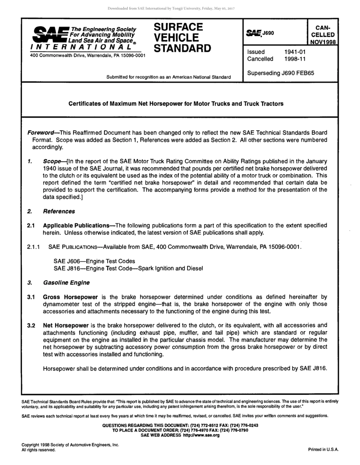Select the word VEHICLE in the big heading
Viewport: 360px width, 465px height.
176,38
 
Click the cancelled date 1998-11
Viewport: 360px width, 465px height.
295,59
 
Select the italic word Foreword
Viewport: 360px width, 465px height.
41,133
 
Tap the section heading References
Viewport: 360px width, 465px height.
59,211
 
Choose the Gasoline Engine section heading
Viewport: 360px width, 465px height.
66,283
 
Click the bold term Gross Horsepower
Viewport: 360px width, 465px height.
70,297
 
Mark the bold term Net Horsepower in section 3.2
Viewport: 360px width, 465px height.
66,325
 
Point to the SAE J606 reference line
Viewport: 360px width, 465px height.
94,261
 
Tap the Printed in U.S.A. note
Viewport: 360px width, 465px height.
323,449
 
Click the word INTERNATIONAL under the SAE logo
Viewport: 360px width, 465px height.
81,47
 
